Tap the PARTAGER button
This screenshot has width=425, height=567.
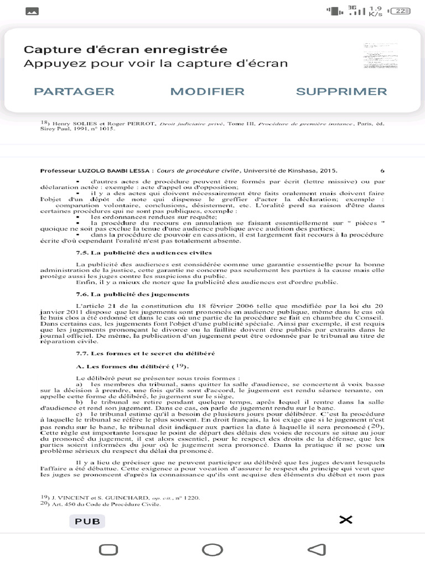pyautogui.click(x=74, y=92)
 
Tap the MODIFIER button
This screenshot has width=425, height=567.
pyautogui.click(x=207, y=92)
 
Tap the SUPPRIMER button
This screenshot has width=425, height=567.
pyautogui.click(x=341, y=92)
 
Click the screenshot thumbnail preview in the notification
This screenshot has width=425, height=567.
pyautogui.click(x=380, y=56)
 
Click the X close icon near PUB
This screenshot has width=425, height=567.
pyautogui.click(x=345, y=519)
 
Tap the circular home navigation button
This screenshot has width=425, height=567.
pyautogui.click(x=212, y=550)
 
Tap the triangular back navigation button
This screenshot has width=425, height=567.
pyautogui.click(x=316, y=550)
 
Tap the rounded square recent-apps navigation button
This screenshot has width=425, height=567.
pyautogui.click(x=108, y=550)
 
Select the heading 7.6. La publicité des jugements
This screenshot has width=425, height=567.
pyautogui.click(x=132, y=294)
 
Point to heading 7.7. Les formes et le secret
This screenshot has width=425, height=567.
pyautogui.click(x=145, y=353)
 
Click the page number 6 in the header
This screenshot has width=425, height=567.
pyautogui.click(x=382, y=171)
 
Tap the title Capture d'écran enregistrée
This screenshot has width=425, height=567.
pyautogui.click(x=118, y=50)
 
